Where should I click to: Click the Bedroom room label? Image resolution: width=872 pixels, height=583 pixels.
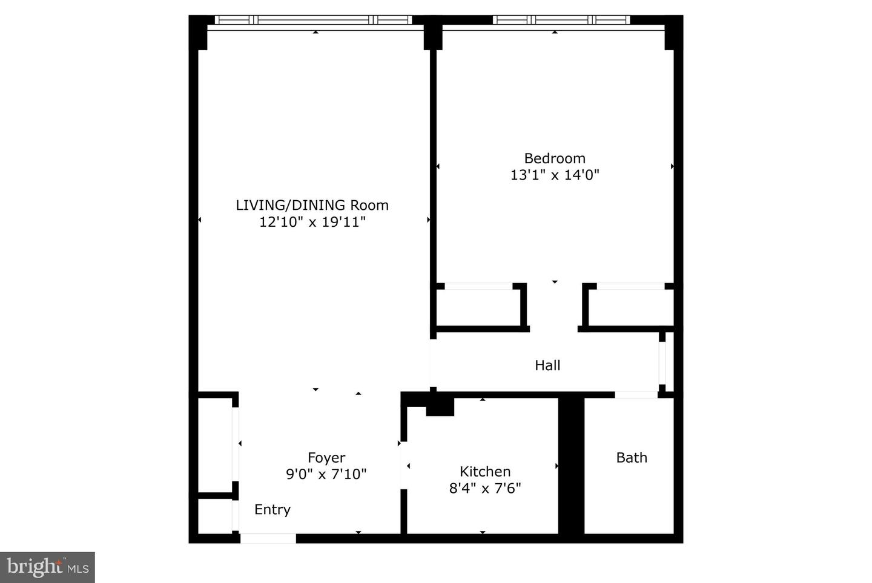555,158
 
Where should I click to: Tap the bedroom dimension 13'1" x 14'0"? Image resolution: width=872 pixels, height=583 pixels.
555,175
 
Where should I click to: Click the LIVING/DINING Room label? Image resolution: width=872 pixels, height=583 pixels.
312,205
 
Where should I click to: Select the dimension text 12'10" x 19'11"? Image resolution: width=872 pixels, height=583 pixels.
312,222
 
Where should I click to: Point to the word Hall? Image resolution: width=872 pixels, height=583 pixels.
547,365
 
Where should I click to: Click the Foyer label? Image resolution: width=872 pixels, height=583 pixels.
326,458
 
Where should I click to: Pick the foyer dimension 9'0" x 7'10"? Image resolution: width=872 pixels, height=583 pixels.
326,474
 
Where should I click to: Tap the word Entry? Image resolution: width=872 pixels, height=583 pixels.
272,510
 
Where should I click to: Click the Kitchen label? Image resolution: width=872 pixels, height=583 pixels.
485,472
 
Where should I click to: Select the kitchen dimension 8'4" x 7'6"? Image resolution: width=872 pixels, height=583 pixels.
485,488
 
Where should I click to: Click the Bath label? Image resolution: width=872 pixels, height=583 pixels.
632,458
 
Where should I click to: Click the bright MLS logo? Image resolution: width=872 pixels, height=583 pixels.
47,567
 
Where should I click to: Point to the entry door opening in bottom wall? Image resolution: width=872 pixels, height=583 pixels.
268,538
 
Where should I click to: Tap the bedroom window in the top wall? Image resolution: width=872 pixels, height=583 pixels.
561,20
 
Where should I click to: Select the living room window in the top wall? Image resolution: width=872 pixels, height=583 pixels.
314,20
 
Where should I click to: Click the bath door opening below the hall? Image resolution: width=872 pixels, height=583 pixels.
636,395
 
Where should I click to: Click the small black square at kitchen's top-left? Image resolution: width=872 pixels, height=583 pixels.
440,407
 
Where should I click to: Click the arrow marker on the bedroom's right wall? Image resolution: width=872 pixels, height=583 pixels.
672,166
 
